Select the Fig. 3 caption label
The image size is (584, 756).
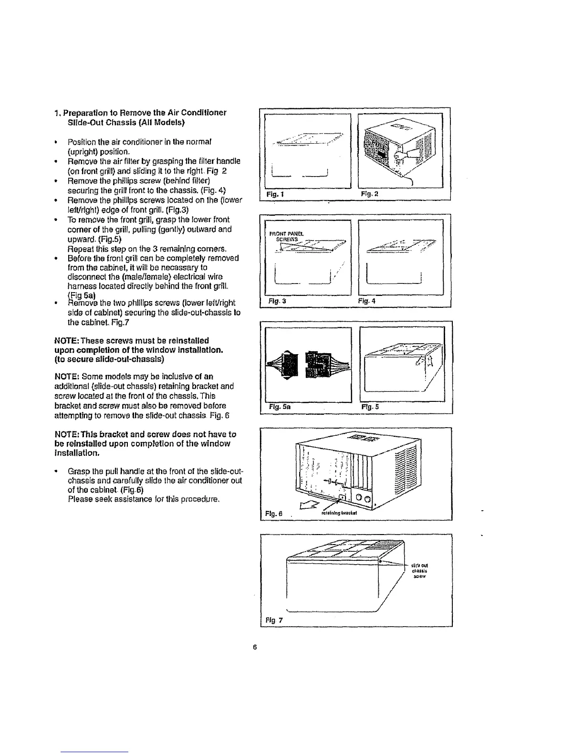[274, 301]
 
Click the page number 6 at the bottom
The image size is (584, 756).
[255, 647]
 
